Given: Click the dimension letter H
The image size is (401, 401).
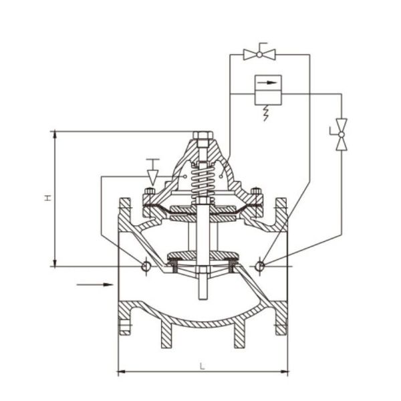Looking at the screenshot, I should [47, 198].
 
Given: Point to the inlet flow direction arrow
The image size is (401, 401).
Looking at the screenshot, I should [94, 285].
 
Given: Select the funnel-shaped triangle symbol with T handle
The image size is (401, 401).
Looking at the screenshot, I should [152, 175].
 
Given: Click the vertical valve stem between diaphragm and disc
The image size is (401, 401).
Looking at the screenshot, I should [201, 234].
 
